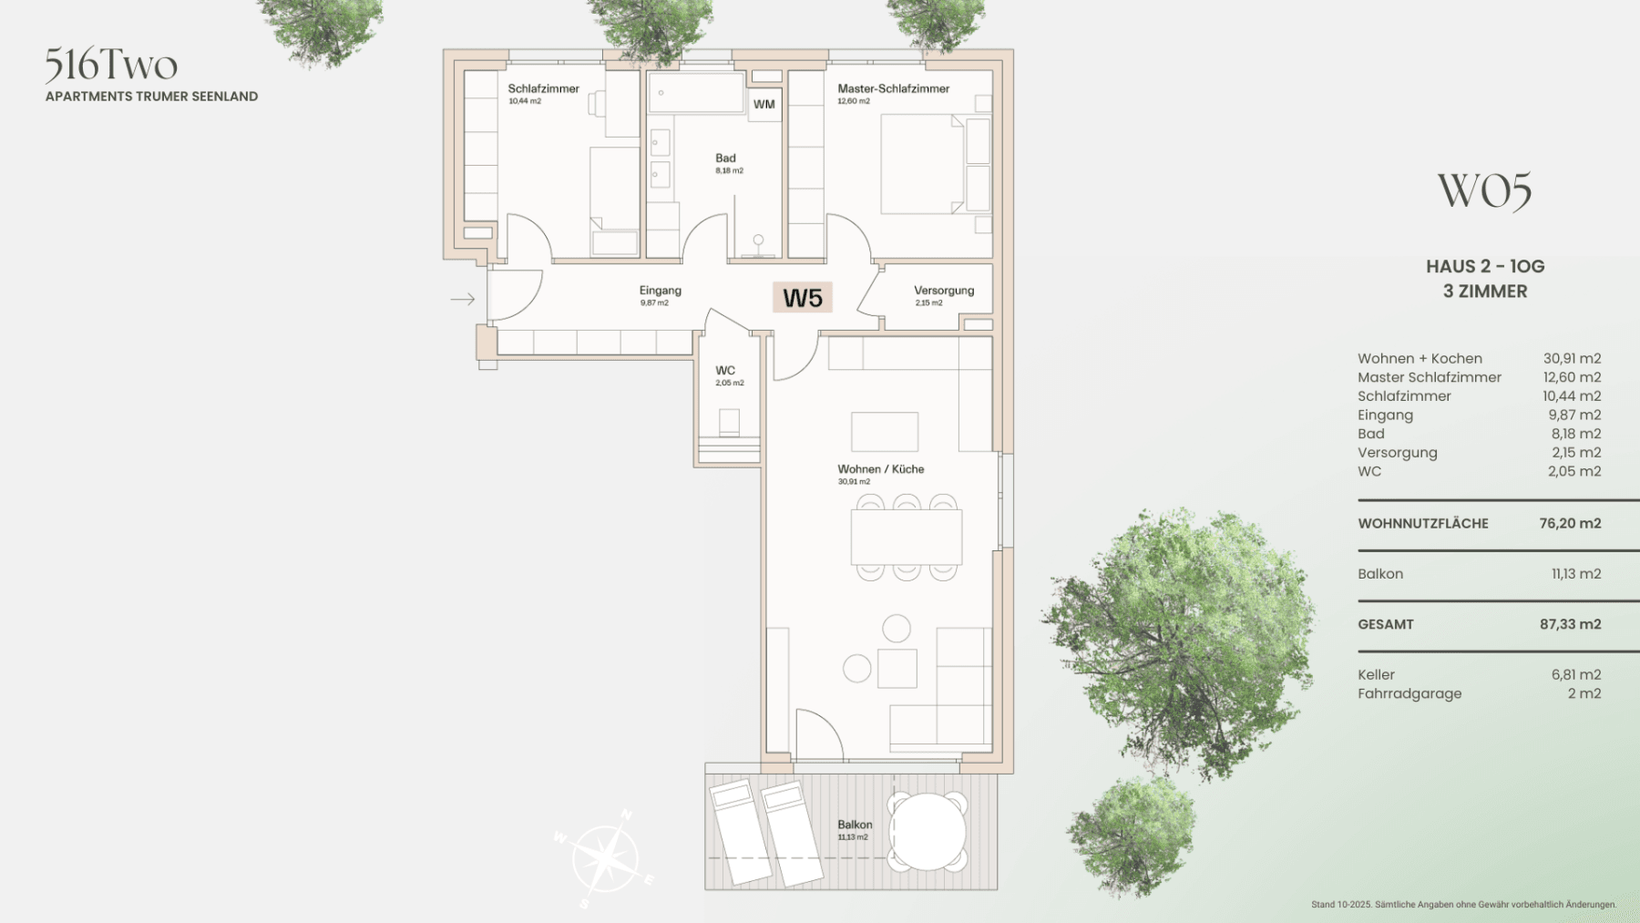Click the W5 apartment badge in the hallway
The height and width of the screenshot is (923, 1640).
pyautogui.click(x=802, y=298)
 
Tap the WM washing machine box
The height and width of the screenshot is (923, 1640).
pyautogui.click(x=764, y=104)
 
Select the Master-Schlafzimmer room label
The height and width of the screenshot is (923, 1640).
pyautogui.click(x=893, y=88)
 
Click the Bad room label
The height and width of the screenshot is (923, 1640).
pyautogui.click(x=725, y=159)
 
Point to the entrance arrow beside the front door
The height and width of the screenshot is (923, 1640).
pyautogui.click(x=463, y=299)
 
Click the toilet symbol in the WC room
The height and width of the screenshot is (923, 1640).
pyautogui.click(x=729, y=422)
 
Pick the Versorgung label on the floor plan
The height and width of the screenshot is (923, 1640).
pyautogui.click(x=944, y=291)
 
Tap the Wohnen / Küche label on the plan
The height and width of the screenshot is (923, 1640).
pyautogui.click(x=880, y=469)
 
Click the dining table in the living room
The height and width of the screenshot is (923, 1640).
pyautogui.click(x=906, y=538)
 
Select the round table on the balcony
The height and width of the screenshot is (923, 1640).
pyautogui.click(x=928, y=831)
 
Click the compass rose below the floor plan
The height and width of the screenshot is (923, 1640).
pyautogui.click(x=604, y=858)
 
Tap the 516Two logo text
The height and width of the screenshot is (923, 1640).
pyautogui.click(x=111, y=65)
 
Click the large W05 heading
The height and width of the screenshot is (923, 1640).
pyautogui.click(x=1484, y=191)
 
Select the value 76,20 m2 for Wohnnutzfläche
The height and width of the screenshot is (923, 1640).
pyautogui.click(x=1570, y=523)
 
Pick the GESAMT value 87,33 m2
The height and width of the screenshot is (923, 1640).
pyautogui.click(x=1570, y=624)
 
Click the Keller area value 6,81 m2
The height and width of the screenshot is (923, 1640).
pyautogui.click(x=1576, y=674)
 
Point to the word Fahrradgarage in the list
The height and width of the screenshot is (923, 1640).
pyautogui.click(x=1409, y=693)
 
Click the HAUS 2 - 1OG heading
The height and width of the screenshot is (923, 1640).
pyautogui.click(x=1485, y=266)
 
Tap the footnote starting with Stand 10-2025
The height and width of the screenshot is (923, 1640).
pyautogui.click(x=1463, y=905)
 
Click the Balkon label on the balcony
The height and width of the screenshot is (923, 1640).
pyautogui.click(x=855, y=825)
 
